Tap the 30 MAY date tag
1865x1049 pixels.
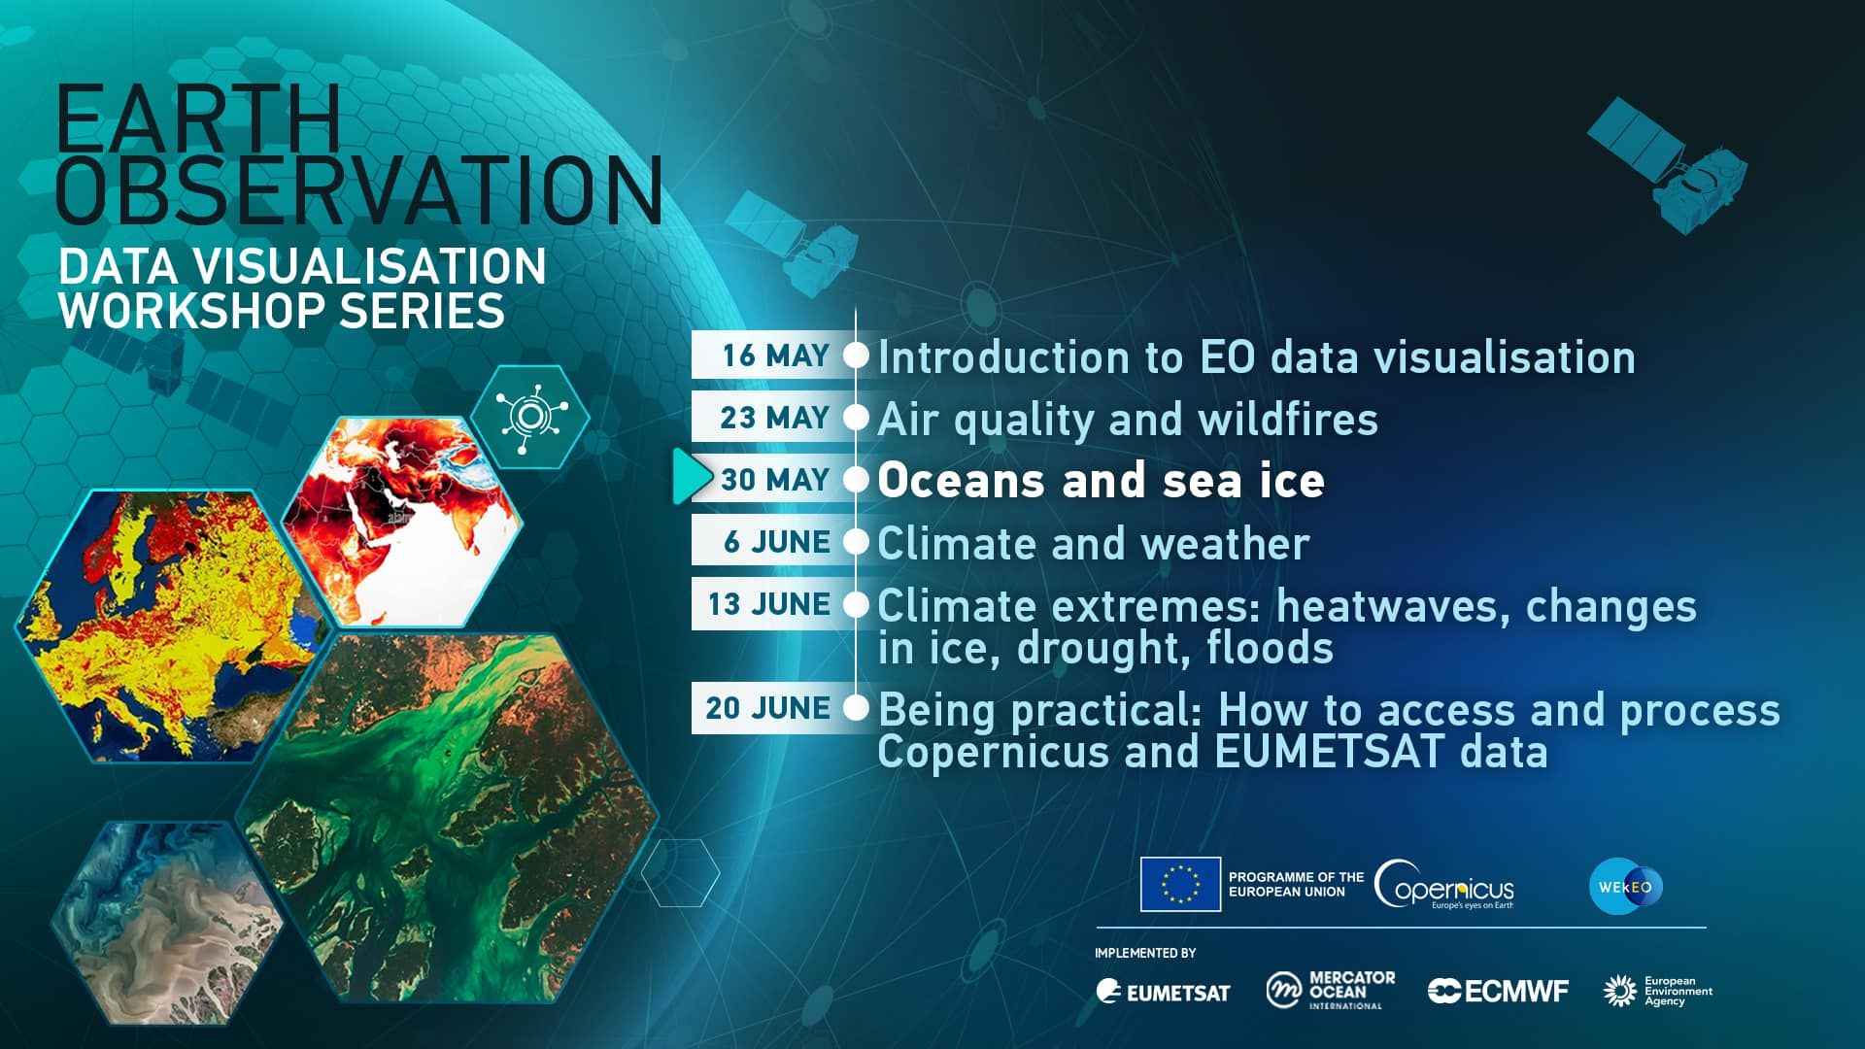[774, 480]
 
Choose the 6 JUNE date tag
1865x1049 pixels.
[774, 542]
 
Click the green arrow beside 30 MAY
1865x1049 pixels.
[692, 476]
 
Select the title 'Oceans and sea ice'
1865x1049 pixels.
[1101, 481]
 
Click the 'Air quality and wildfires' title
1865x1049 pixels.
[1128, 420]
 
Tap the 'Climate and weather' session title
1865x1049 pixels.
[1094, 543]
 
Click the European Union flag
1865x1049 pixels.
[1180, 884]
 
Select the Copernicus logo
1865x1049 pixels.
[1444, 885]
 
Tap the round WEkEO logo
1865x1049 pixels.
[1626, 887]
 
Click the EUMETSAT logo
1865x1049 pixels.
[1163, 992]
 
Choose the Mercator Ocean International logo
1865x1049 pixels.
[1330, 991]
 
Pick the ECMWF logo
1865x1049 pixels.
[1498, 991]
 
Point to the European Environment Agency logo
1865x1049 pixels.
[1657, 991]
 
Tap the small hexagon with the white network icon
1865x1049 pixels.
[529, 417]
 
